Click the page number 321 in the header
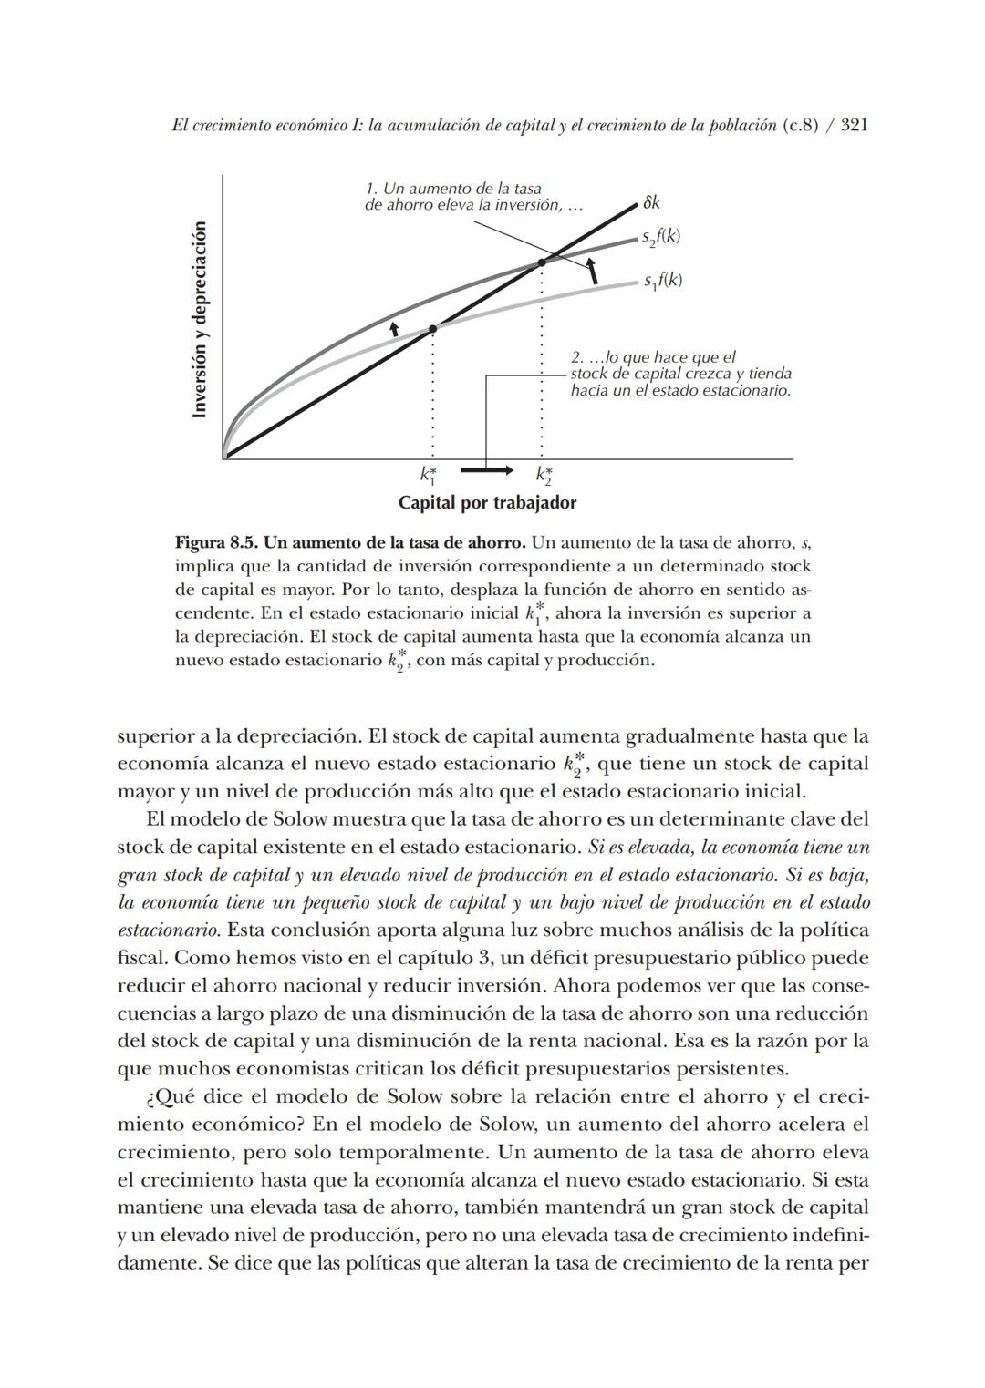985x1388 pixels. [853, 126]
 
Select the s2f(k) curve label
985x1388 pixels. [661, 237]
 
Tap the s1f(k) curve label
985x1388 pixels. [663, 281]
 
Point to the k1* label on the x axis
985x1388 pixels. [429, 475]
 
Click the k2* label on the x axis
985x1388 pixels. [544, 475]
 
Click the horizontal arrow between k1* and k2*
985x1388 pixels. [487, 470]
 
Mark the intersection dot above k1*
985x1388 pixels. [432, 328]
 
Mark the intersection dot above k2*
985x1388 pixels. [542, 262]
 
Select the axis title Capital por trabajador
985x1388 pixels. [487, 503]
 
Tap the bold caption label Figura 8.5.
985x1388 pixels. [213, 543]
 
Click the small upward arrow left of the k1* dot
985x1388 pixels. [394, 328]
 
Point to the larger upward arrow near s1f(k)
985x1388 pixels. [593, 271]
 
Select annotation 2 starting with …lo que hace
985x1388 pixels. [679, 374]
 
